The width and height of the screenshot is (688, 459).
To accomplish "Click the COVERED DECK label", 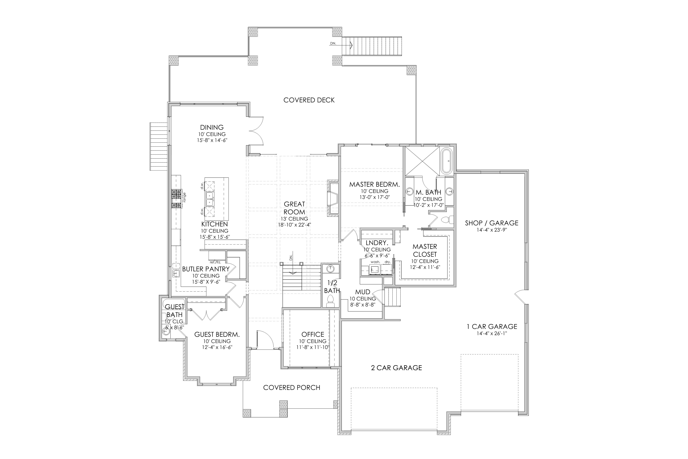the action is tap(309, 100).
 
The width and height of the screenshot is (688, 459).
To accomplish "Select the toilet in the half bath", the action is tap(331, 301).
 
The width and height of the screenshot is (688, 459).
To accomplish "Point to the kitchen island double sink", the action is tap(209, 199).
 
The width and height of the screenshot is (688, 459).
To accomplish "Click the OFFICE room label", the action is tap(313, 334).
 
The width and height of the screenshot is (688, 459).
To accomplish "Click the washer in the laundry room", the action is tap(375, 269).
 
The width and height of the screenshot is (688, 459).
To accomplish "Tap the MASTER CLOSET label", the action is tap(425, 251).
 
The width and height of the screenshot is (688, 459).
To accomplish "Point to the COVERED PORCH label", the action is tap(292, 388).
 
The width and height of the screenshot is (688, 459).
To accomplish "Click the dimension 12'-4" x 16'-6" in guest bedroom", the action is tap(217, 347).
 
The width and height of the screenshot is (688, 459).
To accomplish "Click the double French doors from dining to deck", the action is tap(256, 131).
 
